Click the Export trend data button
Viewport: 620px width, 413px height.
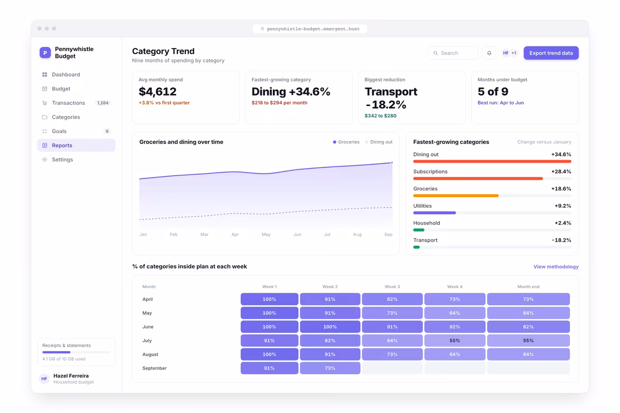point(551,53)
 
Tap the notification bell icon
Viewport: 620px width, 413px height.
point(489,53)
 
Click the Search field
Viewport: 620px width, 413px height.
point(453,53)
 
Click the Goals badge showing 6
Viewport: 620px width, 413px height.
point(107,131)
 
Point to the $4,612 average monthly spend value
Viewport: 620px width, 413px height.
point(158,91)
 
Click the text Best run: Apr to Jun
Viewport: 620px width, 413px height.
point(501,103)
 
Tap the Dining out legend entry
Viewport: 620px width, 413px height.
point(379,142)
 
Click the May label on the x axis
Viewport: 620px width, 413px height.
point(266,234)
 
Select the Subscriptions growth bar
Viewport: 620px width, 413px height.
point(478,179)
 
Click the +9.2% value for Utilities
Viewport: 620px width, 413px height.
point(563,206)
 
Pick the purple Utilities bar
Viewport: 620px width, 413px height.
point(435,213)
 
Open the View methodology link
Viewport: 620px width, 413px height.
point(556,267)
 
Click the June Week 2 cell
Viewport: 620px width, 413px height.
point(330,327)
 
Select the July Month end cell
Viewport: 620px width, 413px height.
point(528,341)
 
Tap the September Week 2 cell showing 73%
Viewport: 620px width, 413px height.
point(330,368)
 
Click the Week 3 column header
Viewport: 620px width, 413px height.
point(392,287)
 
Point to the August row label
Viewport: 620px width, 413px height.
point(150,354)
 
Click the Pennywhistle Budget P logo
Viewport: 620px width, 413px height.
point(45,53)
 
